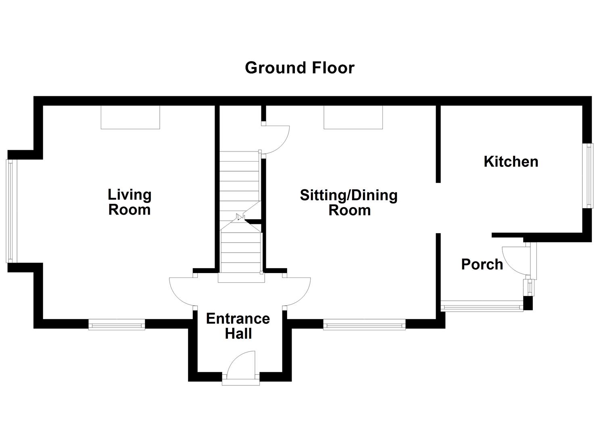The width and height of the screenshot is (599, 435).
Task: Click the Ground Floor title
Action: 299,68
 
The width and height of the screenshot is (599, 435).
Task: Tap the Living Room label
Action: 129,202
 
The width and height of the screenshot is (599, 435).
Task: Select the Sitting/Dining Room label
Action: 349,203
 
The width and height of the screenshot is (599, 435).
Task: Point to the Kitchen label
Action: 511,162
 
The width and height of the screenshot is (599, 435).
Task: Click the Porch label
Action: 482,265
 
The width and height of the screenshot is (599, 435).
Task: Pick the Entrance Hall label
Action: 238,326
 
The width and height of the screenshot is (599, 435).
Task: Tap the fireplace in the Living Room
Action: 130,117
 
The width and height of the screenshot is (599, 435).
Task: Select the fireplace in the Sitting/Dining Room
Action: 353,117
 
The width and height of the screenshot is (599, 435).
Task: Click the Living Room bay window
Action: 11,211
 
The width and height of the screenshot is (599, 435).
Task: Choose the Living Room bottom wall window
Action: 117,324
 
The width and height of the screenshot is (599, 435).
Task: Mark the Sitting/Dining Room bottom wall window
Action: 364,324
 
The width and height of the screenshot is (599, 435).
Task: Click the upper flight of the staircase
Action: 240,181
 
